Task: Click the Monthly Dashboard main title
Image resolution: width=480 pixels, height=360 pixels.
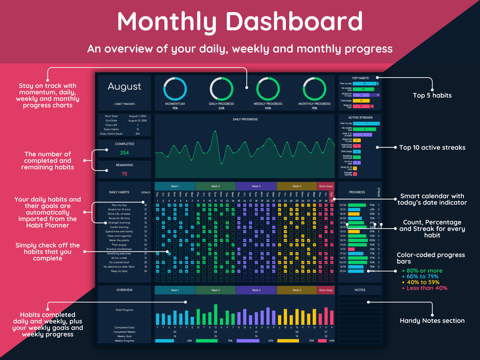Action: [x=240, y=22]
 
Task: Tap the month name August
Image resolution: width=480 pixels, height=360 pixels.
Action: [x=125, y=86]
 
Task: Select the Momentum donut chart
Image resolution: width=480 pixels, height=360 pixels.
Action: [x=175, y=89]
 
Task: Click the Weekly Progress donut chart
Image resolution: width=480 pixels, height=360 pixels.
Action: [x=268, y=89]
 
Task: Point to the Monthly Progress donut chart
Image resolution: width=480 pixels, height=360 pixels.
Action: [x=314, y=89]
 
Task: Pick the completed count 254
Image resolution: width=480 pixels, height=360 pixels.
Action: [x=125, y=153]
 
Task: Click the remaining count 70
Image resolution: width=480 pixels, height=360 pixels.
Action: [x=125, y=173]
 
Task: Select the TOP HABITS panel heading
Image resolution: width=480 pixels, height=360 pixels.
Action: [x=360, y=78]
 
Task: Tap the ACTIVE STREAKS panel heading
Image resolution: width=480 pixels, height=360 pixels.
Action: [x=360, y=118]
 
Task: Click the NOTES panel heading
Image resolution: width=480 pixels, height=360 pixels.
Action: [x=360, y=290]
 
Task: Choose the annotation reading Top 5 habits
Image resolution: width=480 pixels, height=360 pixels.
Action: [x=432, y=95]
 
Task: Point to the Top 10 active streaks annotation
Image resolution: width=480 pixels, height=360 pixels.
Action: [x=432, y=147]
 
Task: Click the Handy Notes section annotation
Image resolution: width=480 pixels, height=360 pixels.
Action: [x=432, y=320]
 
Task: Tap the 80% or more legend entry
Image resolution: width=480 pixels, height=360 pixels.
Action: [x=425, y=271]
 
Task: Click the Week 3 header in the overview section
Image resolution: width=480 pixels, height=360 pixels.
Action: [x=256, y=290]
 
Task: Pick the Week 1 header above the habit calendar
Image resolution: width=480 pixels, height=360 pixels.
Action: [x=175, y=186]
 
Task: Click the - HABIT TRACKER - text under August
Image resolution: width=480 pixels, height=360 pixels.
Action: [x=125, y=104]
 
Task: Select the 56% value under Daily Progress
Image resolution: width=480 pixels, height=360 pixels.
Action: [x=221, y=109]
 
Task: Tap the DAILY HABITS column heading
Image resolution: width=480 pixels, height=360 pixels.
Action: [x=120, y=192]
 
